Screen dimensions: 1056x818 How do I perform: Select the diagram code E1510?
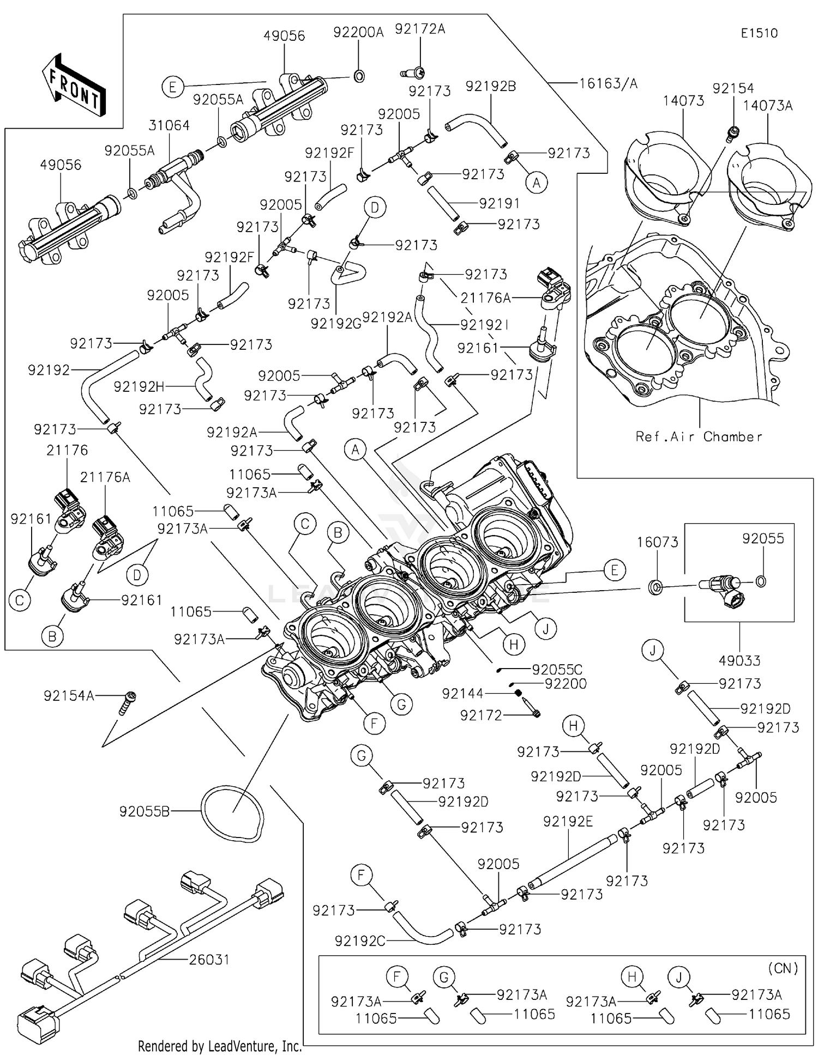[x=759, y=33]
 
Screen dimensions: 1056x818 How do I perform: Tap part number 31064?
[x=169, y=125]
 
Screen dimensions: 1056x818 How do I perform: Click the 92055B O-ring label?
[x=145, y=812]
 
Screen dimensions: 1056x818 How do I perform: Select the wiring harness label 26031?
[x=209, y=959]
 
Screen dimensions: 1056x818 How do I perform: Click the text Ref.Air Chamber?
[x=699, y=436]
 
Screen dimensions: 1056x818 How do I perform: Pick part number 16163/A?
[x=608, y=83]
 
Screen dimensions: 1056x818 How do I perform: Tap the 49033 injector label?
[x=739, y=660]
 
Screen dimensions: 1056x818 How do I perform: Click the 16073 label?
[x=658, y=542]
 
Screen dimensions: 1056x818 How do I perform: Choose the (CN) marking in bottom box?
[x=783, y=968]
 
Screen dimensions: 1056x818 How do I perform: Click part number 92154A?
[x=69, y=696]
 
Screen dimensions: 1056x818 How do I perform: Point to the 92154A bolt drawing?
[x=128, y=703]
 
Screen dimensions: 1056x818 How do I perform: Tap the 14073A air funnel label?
[x=767, y=106]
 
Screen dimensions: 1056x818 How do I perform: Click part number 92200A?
[x=358, y=32]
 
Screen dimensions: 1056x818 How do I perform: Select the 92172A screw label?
[x=420, y=29]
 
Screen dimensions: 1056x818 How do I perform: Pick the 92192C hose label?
[x=360, y=941]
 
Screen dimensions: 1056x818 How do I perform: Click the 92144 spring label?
[x=462, y=694]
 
